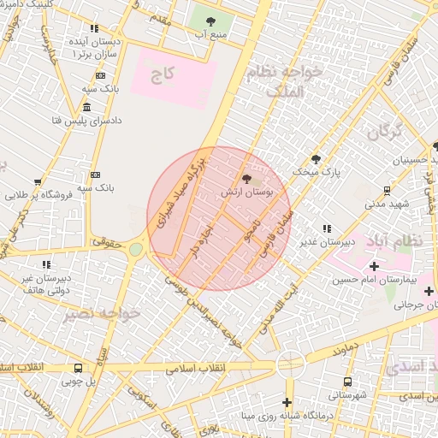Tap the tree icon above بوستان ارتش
click(x=248, y=180)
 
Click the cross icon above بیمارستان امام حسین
click(x=373, y=266)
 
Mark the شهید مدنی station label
click(x=388, y=204)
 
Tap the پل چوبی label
click(x=80, y=383)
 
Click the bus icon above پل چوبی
click(x=79, y=369)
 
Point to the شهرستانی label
click(x=347, y=395)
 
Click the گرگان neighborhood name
click(x=385, y=133)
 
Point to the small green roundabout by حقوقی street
click(x=136, y=250)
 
